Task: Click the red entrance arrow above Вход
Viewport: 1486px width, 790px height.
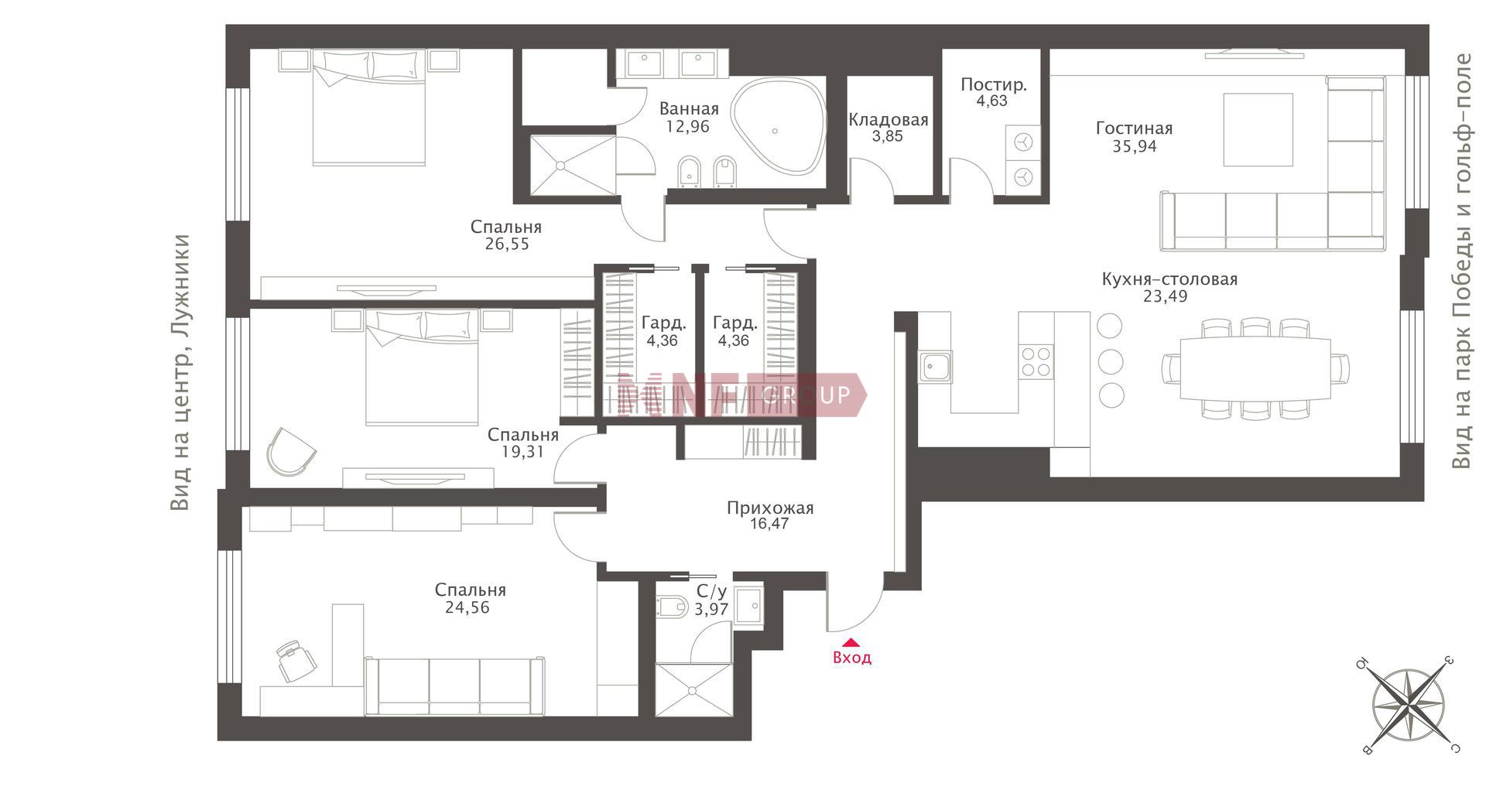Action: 851,641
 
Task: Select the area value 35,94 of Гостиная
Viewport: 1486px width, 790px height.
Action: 1135,145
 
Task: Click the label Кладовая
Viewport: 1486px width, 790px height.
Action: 889,120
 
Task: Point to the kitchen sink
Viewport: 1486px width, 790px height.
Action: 936,366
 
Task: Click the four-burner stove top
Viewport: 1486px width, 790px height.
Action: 1036,361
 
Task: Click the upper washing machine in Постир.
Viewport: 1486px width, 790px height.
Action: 1024,142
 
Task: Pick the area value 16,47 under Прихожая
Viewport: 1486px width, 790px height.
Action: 770,524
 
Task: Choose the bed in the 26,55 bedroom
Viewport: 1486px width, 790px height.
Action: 370,108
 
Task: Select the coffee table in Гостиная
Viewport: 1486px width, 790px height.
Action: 1258,129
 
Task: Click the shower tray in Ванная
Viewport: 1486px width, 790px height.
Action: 574,165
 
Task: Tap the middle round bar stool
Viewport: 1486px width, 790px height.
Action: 1111,361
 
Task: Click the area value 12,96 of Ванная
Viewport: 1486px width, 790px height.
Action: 688,126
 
